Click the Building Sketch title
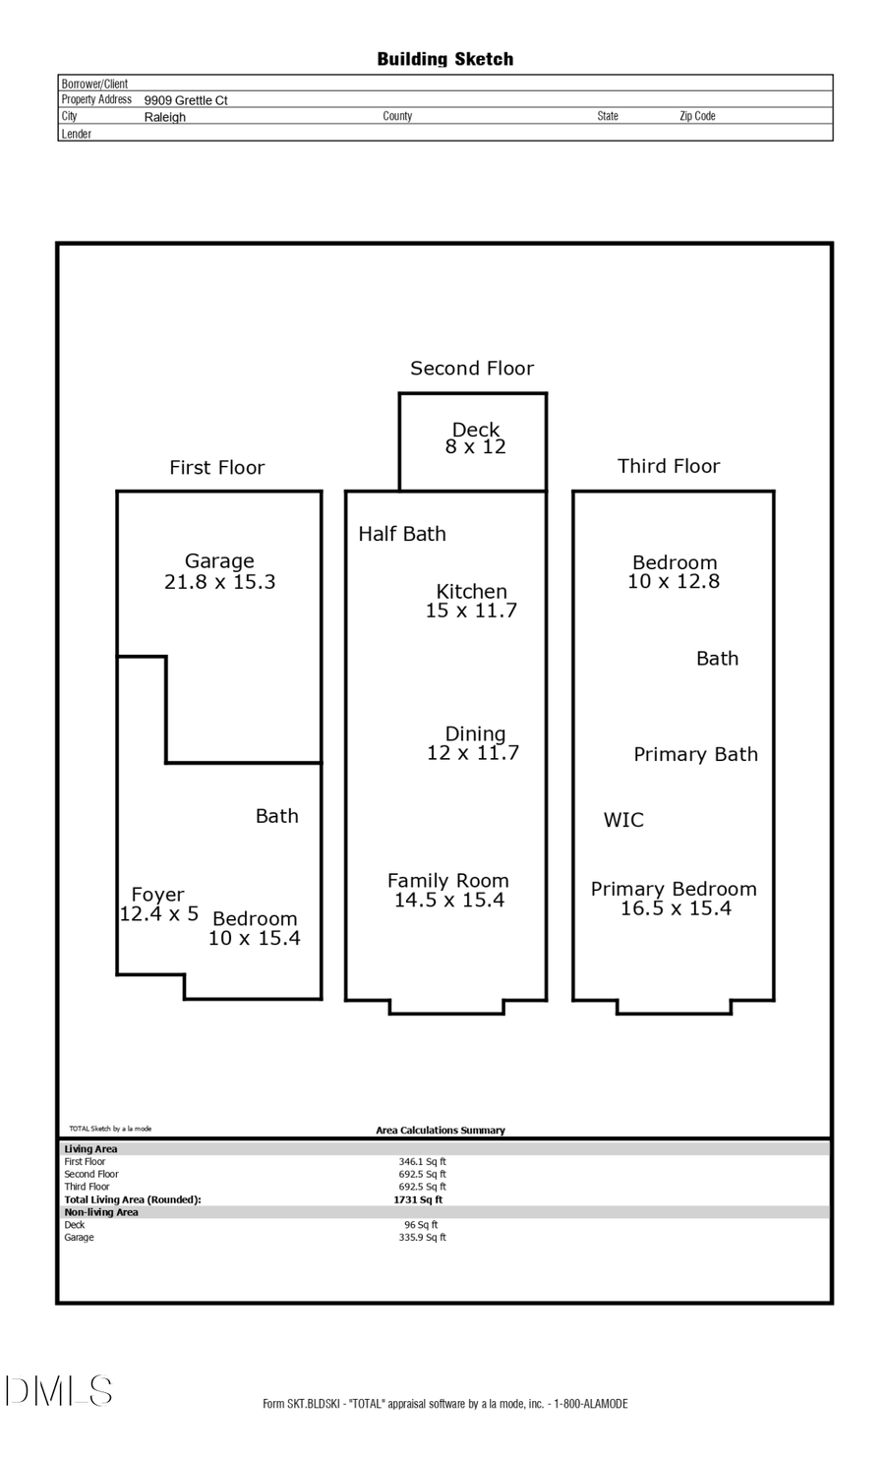pos(444,59)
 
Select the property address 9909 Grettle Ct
pos(186,100)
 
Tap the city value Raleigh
pos(164,117)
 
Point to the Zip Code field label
pos(697,116)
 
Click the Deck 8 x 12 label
pos(476,438)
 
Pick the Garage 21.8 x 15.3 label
pos(219,571)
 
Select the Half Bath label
pos(401,534)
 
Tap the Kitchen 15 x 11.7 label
pos(471,601)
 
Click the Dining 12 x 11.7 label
pos(473,743)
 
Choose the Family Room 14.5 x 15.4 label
pos(448,891)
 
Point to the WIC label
pos(623,820)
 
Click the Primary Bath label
pos(695,754)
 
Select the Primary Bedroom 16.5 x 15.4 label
pos(674,899)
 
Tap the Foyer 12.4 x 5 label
pos(158,904)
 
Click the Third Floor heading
pos(668,466)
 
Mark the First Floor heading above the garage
pos(216,468)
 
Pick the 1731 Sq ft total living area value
pos(418,1199)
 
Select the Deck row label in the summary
pos(75,1225)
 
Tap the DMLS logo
pos(59,1391)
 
